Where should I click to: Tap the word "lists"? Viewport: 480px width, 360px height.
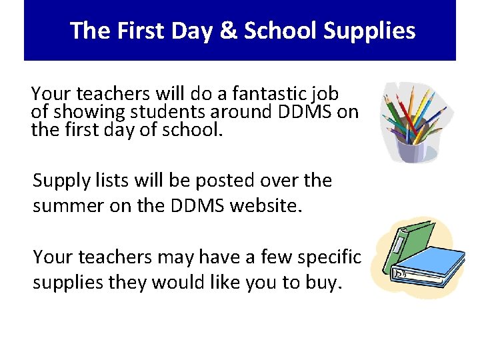(115, 181)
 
